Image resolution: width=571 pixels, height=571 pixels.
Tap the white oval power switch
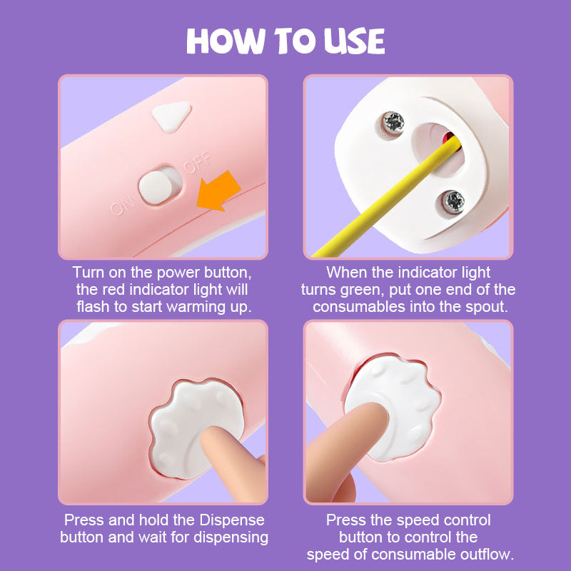(156, 187)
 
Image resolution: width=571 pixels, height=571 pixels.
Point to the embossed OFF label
(197, 162)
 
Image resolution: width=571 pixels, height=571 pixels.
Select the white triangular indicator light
(171, 116)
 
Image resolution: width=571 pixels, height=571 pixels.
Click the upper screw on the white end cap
(393, 122)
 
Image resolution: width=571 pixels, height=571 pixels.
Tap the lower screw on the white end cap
(453, 201)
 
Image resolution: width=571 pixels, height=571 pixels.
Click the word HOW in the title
(226, 41)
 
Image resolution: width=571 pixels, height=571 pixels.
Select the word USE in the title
(354, 41)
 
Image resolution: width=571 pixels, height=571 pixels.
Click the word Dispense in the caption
(231, 520)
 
